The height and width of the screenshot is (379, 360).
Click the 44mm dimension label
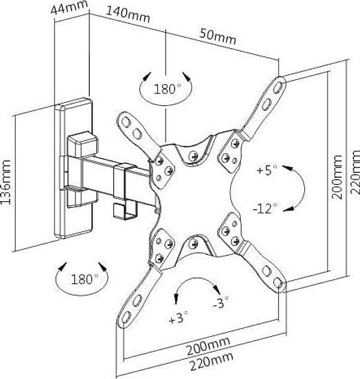click(x=69, y=8)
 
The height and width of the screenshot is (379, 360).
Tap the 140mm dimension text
click(x=128, y=15)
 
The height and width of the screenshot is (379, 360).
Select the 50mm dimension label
click(x=218, y=36)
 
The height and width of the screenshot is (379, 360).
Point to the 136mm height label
click(x=6, y=182)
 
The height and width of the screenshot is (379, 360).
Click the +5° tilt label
click(x=267, y=170)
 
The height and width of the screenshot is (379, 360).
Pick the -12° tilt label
click(x=265, y=208)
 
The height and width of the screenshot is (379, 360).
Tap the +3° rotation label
click(x=178, y=318)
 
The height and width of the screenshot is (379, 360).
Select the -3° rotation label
click(x=220, y=302)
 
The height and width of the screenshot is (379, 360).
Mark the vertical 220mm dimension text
click(x=355, y=172)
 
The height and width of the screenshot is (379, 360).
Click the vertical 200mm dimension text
click(x=337, y=177)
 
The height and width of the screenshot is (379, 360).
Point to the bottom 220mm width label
click(x=212, y=362)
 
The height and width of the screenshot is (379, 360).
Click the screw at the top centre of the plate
click(x=193, y=156)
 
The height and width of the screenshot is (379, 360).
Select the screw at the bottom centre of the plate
click(x=193, y=244)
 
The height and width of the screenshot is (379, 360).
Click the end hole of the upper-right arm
click(x=278, y=86)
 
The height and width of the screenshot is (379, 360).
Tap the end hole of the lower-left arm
click(x=126, y=317)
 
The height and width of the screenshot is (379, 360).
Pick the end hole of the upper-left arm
click(x=126, y=122)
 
